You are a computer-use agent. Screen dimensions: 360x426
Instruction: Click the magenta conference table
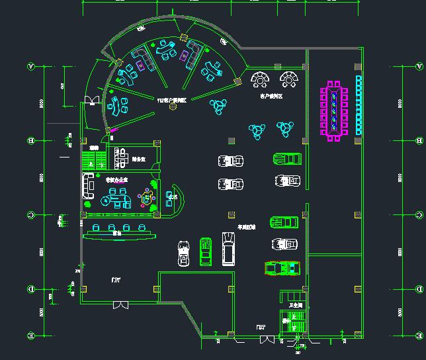(x=334, y=111)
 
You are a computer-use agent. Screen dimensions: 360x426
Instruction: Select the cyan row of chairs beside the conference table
(x=359, y=105)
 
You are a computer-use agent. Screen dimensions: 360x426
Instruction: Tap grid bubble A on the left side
(x=30, y=66)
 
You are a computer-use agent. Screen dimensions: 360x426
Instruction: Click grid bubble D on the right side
(x=418, y=290)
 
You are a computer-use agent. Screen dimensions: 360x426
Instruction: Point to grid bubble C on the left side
(x=30, y=215)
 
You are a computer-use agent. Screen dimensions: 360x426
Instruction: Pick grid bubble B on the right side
(x=418, y=140)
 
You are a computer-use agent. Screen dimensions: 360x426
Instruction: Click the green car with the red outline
(x=282, y=267)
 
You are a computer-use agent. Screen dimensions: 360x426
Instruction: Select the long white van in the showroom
(x=228, y=249)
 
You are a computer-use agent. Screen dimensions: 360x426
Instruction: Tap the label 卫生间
(x=295, y=305)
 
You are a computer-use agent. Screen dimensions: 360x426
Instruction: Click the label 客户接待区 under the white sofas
(x=271, y=96)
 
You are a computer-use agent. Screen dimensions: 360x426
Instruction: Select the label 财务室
(x=139, y=159)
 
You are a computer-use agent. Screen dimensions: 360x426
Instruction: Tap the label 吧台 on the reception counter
(x=117, y=233)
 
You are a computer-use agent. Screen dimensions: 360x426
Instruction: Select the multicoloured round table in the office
(x=146, y=197)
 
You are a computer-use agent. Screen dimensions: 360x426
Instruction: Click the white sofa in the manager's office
(x=87, y=186)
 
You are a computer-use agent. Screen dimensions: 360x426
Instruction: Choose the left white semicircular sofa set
(x=260, y=80)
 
